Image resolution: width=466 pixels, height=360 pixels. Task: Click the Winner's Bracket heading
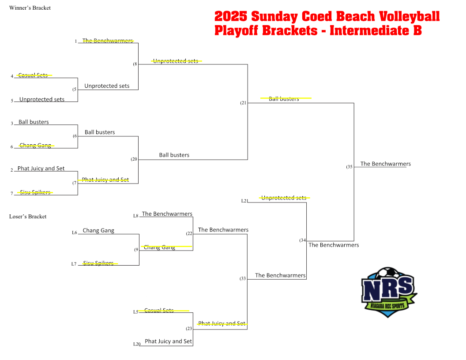click(x=30, y=8)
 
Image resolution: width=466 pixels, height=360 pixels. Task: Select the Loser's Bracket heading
click(x=28, y=217)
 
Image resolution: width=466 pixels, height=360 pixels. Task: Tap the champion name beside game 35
click(x=385, y=164)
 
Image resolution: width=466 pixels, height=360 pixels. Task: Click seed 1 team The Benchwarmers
click(x=108, y=41)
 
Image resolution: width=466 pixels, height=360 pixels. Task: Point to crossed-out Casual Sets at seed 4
click(x=33, y=75)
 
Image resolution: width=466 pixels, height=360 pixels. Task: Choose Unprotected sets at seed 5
click(x=41, y=99)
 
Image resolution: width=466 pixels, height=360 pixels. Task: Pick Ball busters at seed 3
click(x=34, y=122)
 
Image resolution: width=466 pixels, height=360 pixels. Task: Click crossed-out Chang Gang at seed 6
click(x=35, y=145)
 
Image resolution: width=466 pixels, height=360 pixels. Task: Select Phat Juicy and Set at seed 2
click(x=41, y=169)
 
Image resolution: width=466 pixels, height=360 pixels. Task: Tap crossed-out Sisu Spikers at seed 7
click(x=35, y=192)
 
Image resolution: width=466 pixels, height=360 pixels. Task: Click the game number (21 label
click(x=243, y=103)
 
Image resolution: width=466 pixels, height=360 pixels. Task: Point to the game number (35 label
click(x=349, y=167)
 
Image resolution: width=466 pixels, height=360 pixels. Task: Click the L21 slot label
click(x=244, y=201)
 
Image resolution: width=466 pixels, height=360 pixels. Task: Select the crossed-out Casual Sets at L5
click(x=159, y=311)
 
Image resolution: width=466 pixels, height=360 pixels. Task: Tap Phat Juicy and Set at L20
click(x=168, y=341)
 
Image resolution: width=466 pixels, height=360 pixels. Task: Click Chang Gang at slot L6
click(x=98, y=230)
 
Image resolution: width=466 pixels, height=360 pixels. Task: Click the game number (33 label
click(x=243, y=278)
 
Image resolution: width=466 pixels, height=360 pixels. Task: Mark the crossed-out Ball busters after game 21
click(x=284, y=99)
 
